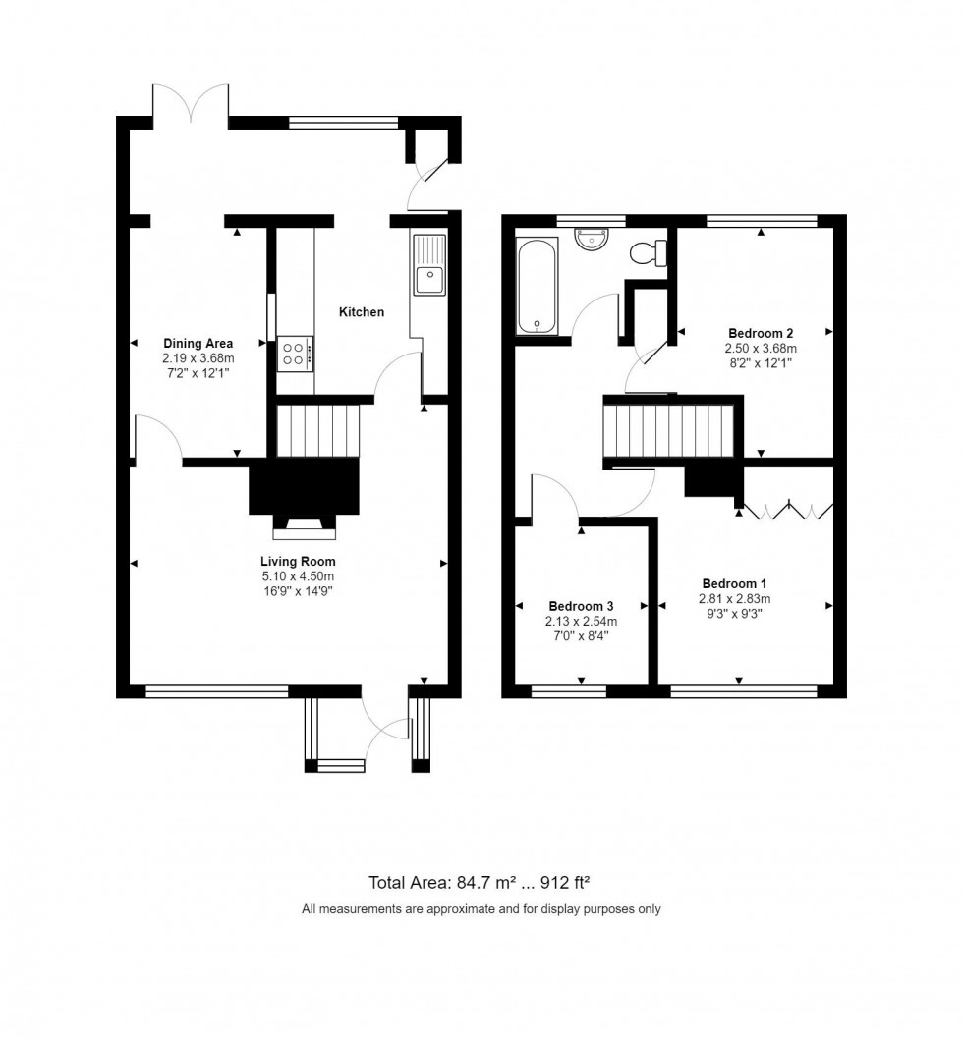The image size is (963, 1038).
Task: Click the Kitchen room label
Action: (361, 312)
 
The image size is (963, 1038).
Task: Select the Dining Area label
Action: (198, 343)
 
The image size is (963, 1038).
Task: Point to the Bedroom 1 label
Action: (734, 583)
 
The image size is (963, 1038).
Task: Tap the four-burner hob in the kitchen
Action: (295, 353)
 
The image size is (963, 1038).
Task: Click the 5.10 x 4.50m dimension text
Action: (290, 576)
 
